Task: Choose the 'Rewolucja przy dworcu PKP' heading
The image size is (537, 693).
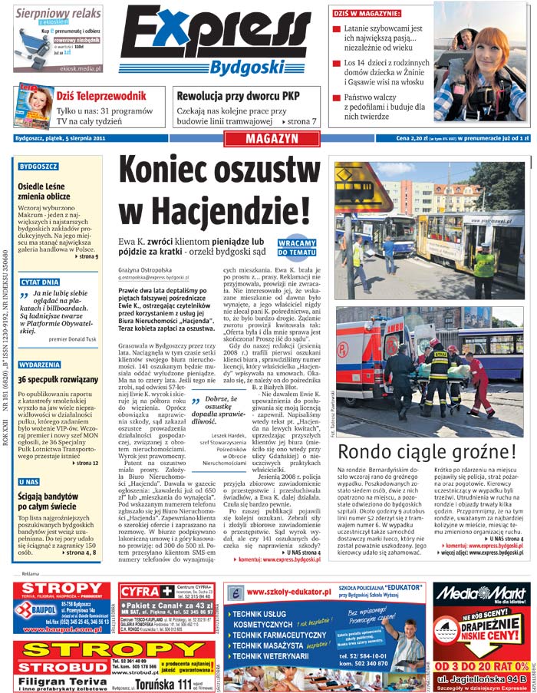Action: pyautogui.click(x=238, y=96)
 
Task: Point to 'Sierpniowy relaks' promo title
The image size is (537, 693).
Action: pyautogui.click(x=58, y=13)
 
